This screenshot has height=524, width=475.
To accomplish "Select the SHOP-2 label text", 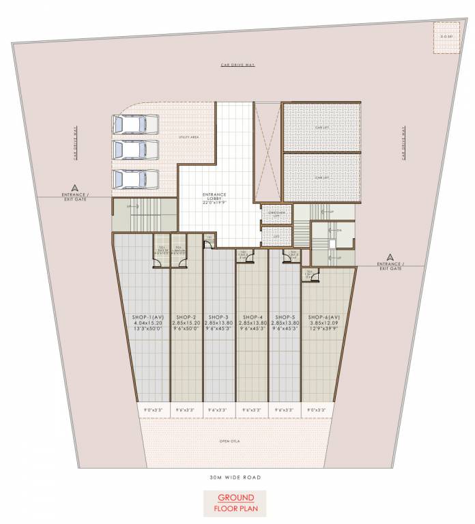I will [186, 317].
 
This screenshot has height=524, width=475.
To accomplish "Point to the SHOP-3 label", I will [218, 317].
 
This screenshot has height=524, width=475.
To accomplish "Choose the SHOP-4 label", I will [252, 317].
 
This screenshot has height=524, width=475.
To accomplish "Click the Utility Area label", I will [170, 137].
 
